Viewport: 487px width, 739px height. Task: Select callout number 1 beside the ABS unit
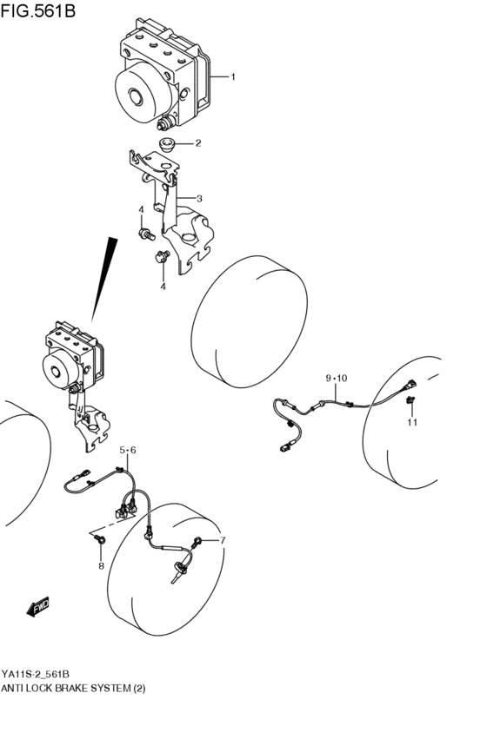(x=233, y=77)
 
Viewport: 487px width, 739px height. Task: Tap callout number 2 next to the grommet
(x=197, y=143)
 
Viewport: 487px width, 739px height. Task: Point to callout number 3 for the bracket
(x=198, y=198)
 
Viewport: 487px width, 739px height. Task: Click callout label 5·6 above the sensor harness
(x=128, y=449)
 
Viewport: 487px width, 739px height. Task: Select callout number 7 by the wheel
(x=222, y=541)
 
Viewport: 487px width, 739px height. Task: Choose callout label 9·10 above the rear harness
(x=336, y=378)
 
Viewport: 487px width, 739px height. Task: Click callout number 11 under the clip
(x=412, y=423)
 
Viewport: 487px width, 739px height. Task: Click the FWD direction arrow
(x=39, y=607)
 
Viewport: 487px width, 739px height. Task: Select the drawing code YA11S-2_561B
(x=36, y=675)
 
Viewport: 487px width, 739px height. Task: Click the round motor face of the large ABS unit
(x=138, y=96)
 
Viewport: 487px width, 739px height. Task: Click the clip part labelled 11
(x=410, y=399)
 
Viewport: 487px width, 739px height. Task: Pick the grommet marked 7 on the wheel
(x=202, y=543)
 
